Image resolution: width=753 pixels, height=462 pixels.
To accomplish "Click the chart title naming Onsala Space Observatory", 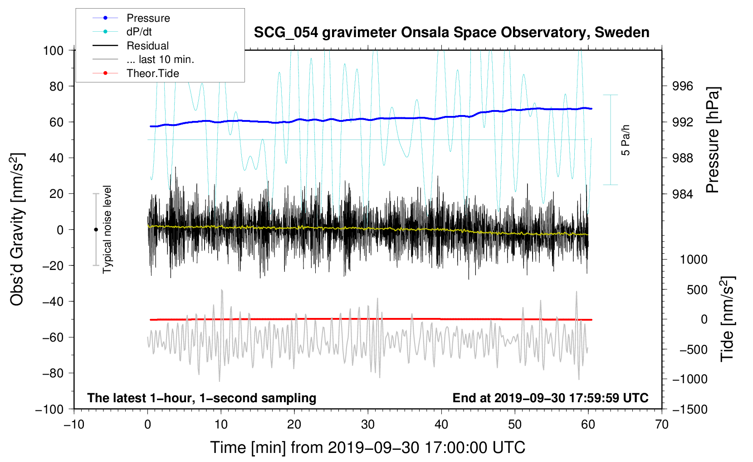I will pos(451,33).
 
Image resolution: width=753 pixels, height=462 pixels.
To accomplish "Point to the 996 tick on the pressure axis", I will pos(683,86).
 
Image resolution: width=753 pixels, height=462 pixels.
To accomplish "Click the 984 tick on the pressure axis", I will pos(683,194).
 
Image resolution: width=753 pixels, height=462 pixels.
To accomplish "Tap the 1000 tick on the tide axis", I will pos(694,260).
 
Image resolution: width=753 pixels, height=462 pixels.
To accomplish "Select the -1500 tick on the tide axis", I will pos(690,409).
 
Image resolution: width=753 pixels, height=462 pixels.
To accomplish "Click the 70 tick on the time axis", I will pos(662,424).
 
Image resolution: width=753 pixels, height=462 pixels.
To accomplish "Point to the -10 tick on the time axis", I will pos(74,424).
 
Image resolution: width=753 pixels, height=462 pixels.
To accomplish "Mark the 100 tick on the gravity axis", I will pos(53,50).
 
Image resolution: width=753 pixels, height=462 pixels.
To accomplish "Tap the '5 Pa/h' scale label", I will pos(626,140).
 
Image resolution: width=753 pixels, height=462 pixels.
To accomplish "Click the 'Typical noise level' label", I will pos(107,229).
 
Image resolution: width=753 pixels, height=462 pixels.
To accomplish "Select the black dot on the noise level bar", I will pos(96,230).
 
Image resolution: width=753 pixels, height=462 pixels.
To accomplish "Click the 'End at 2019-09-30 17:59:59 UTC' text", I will pos(550,398).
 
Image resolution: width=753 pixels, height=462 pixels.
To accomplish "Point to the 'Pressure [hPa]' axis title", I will pos(713,140).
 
